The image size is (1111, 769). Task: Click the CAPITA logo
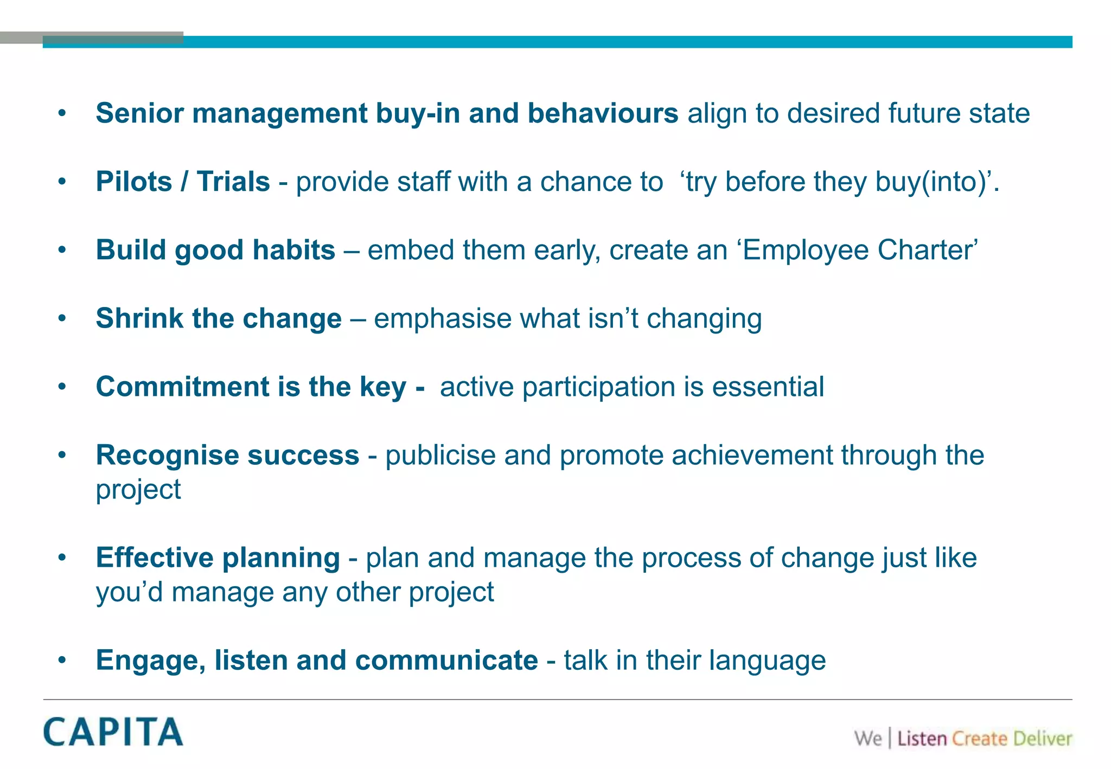point(113,732)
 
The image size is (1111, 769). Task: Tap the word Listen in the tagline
point(922,739)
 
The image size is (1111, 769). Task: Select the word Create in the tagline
point(979,739)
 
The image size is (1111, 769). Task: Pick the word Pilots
point(134,182)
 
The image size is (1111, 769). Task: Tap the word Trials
point(233,182)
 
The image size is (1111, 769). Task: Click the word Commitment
point(182,387)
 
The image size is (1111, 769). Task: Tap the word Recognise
point(167,455)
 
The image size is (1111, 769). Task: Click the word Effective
point(155,557)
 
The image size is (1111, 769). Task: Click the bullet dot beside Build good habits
point(62,250)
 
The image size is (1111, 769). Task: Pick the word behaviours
point(603,113)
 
